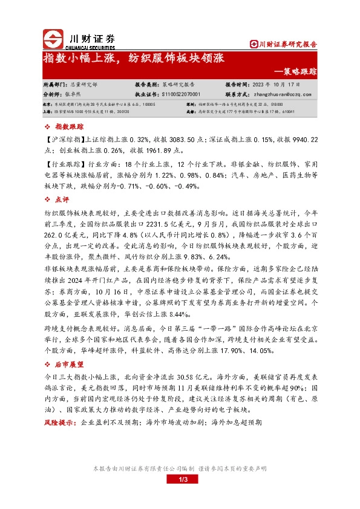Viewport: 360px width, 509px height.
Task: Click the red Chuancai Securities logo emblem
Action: tap(53, 39)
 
